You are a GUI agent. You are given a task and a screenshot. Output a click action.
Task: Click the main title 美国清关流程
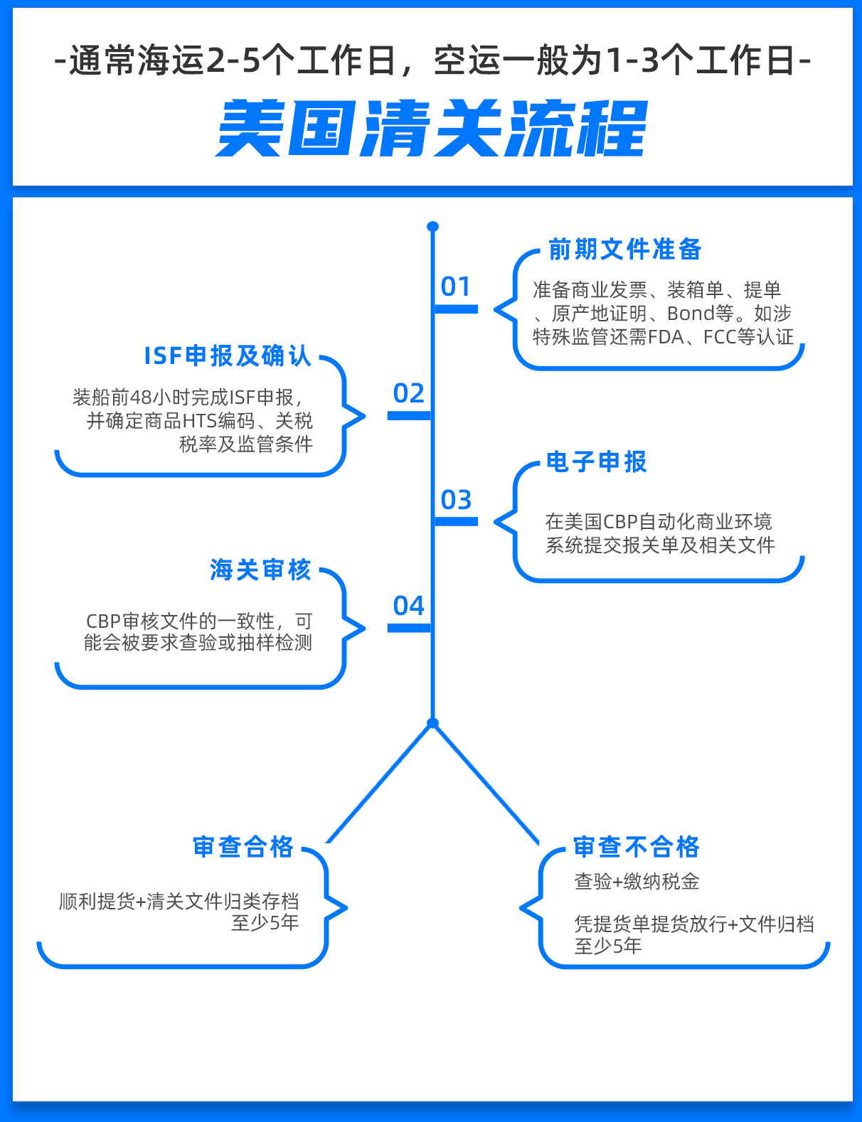(431, 128)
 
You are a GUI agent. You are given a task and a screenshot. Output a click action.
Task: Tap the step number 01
(455, 287)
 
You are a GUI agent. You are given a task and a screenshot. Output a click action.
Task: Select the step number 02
(408, 393)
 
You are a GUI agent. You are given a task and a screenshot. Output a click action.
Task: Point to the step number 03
(456, 499)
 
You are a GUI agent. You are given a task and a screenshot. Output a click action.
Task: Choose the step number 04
(408, 605)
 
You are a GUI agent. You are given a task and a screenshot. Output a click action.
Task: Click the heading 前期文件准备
(624, 250)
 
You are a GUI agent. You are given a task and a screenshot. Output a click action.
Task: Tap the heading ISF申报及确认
(228, 356)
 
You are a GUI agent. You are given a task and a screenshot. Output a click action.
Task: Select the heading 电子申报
(597, 461)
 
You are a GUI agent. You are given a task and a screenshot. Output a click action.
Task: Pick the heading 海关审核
(260, 570)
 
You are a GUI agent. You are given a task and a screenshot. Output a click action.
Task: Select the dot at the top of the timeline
(433, 227)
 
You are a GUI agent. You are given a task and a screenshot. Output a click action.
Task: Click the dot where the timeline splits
(433, 723)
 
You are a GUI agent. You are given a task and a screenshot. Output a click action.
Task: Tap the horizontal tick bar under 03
(456, 522)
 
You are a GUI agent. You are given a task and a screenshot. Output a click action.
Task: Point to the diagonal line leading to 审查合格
(380, 784)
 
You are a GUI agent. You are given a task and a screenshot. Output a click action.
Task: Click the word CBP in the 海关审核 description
(103, 621)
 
